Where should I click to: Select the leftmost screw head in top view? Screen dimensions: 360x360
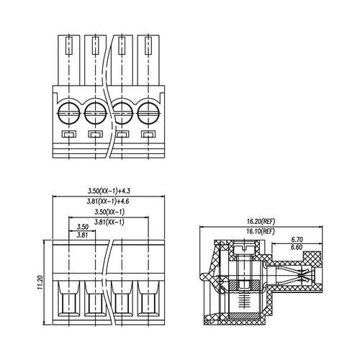[x=69, y=112]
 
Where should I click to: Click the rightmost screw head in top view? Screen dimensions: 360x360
[x=148, y=112]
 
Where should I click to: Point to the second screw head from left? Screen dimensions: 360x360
[x=95, y=112]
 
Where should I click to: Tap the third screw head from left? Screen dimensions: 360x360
[x=122, y=112]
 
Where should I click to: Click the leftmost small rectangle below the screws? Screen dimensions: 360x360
[x=69, y=135]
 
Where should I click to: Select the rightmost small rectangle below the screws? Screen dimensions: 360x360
[x=148, y=135]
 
